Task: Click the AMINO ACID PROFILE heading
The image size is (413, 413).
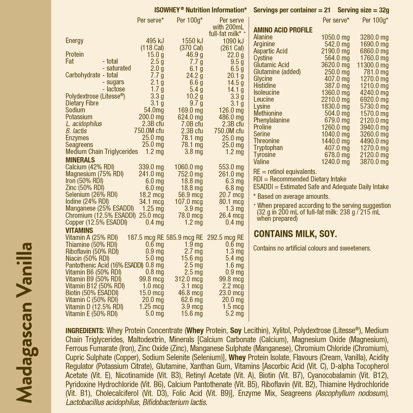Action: coord(283,30)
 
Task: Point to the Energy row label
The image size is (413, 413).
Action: coord(74,41)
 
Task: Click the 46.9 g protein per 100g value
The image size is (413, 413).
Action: coord(194,55)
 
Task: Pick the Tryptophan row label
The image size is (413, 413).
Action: coord(268,148)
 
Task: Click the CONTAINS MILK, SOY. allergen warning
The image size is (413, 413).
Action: coord(295,234)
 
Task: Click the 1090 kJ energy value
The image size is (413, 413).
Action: coord(233,41)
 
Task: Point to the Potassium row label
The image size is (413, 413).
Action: coord(79,117)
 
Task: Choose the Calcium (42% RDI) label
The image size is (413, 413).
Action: coord(90,167)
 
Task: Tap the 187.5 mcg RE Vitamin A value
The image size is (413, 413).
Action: coord(145,238)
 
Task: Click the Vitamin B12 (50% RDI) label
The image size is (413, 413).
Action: coord(95,286)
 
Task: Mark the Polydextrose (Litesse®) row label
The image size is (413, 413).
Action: coord(95,96)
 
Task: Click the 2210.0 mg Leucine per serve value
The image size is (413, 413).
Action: coord(335,99)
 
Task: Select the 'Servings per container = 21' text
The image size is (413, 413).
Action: coord(292,10)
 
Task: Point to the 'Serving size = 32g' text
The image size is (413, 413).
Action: coord(363,10)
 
